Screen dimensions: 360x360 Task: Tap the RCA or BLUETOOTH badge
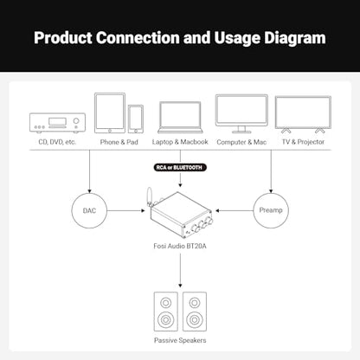click(x=180, y=167)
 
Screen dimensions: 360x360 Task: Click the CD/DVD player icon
click(x=57, y=123)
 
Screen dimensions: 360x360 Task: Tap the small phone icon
click(x=136, y=119)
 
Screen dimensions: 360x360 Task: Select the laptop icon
click(x=180, y=118)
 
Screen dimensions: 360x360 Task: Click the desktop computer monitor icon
click(x=241, y=113)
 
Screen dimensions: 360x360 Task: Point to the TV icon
click(x=303, y=114)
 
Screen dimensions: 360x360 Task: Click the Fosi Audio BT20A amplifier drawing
click(x=180, y=212)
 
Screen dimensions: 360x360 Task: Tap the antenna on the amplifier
click(x=150, y=196)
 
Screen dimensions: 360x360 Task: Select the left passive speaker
click(x=165, y=312)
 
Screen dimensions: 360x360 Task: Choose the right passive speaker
click(x=195, y=312)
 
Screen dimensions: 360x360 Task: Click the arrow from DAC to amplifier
click(x=126, y=210)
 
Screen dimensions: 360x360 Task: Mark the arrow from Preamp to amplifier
click(x=234, y=210)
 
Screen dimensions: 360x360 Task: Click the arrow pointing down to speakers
click(x=180, y=270)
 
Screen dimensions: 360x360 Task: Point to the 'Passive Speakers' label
click(x=180, y=340)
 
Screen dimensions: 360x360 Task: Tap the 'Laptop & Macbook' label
click(x=180, y=142)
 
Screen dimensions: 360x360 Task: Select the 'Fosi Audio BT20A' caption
click(x=180, y=246)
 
